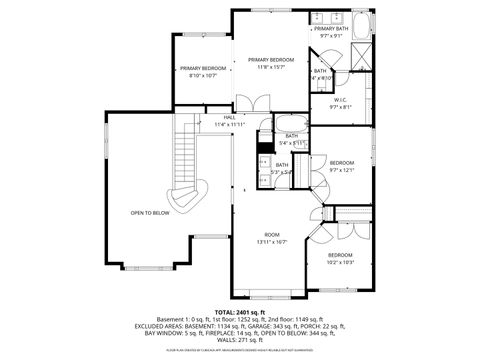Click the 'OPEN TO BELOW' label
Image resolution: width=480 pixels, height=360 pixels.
tap(150, 213)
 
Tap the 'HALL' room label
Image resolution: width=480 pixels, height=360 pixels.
tap(229, 117)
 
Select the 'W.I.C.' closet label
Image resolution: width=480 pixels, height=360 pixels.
tap(341, 100)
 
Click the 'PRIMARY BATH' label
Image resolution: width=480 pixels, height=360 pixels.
tap(332, 29)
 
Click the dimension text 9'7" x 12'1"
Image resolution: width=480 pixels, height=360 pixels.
tap(343, 170)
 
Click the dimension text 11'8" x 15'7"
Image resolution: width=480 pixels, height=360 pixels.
tap(268, 67)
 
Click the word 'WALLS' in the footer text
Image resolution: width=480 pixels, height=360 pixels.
tap(222, 339)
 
